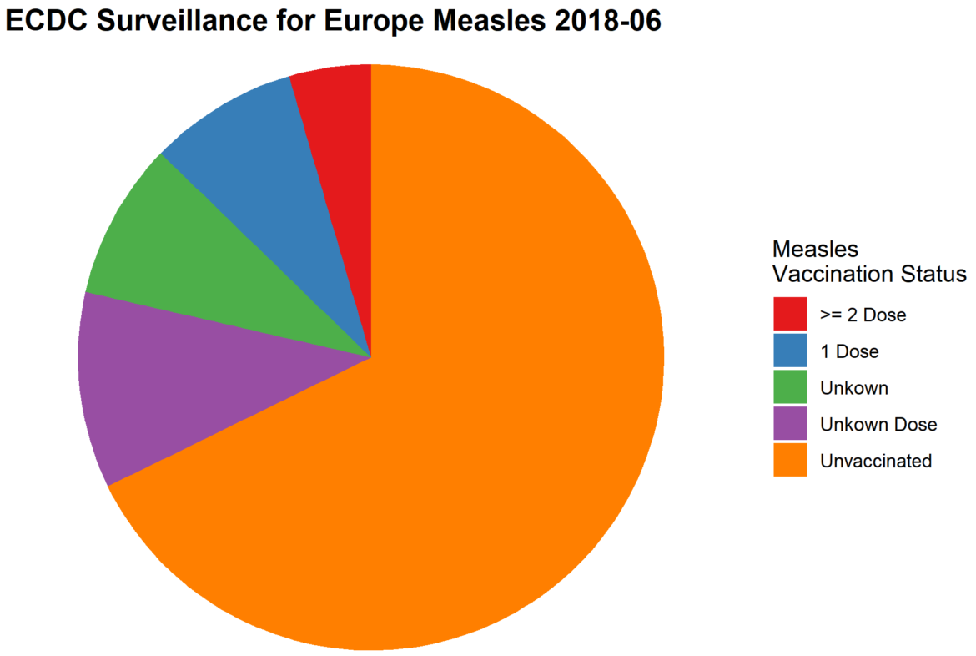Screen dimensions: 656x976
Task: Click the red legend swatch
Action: [x=790, y=315]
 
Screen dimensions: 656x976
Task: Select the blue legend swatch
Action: [x=790, y=351]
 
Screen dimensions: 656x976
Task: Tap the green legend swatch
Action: [x=790, y=387]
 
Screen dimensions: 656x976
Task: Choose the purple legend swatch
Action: [x=790, y=424]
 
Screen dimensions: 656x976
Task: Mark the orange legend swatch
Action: [x=790, y=460]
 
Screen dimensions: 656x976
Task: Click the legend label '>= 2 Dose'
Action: [x=863, y=315]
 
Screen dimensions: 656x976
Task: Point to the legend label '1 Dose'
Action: [x=849, y=351]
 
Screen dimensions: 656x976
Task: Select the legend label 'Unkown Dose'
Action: [x=878, y=425]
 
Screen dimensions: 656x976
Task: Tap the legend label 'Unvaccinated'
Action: [x=876, y=461]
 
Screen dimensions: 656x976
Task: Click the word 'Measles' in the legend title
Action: [x=815, y=249]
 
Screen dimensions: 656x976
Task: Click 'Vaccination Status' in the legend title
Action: [x=869, y=274]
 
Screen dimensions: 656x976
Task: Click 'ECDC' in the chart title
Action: [x=46, y=23]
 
